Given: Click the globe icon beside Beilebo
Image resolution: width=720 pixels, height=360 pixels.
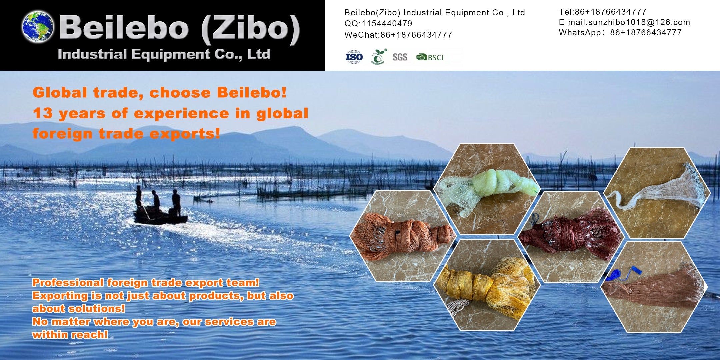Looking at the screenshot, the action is point(38,27).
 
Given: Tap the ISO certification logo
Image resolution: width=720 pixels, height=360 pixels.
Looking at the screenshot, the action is point(354,57).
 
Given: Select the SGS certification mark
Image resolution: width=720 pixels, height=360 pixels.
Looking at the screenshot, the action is point(400,57).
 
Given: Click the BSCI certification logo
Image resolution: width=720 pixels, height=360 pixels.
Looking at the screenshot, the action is point(430,57).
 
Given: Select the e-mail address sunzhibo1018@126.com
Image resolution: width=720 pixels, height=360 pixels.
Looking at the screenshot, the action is point(639,22).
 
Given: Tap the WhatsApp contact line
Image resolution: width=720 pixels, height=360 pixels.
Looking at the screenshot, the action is point(620,33).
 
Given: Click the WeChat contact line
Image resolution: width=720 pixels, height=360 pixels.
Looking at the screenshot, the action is point(398,35).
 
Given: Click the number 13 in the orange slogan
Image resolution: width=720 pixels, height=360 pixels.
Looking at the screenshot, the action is point(43,113).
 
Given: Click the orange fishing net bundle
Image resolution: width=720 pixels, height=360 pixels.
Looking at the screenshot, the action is point(402,237).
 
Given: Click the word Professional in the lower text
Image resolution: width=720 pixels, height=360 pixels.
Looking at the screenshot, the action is point(68,283).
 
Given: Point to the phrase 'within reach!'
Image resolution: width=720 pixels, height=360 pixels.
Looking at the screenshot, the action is point(70,335).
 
